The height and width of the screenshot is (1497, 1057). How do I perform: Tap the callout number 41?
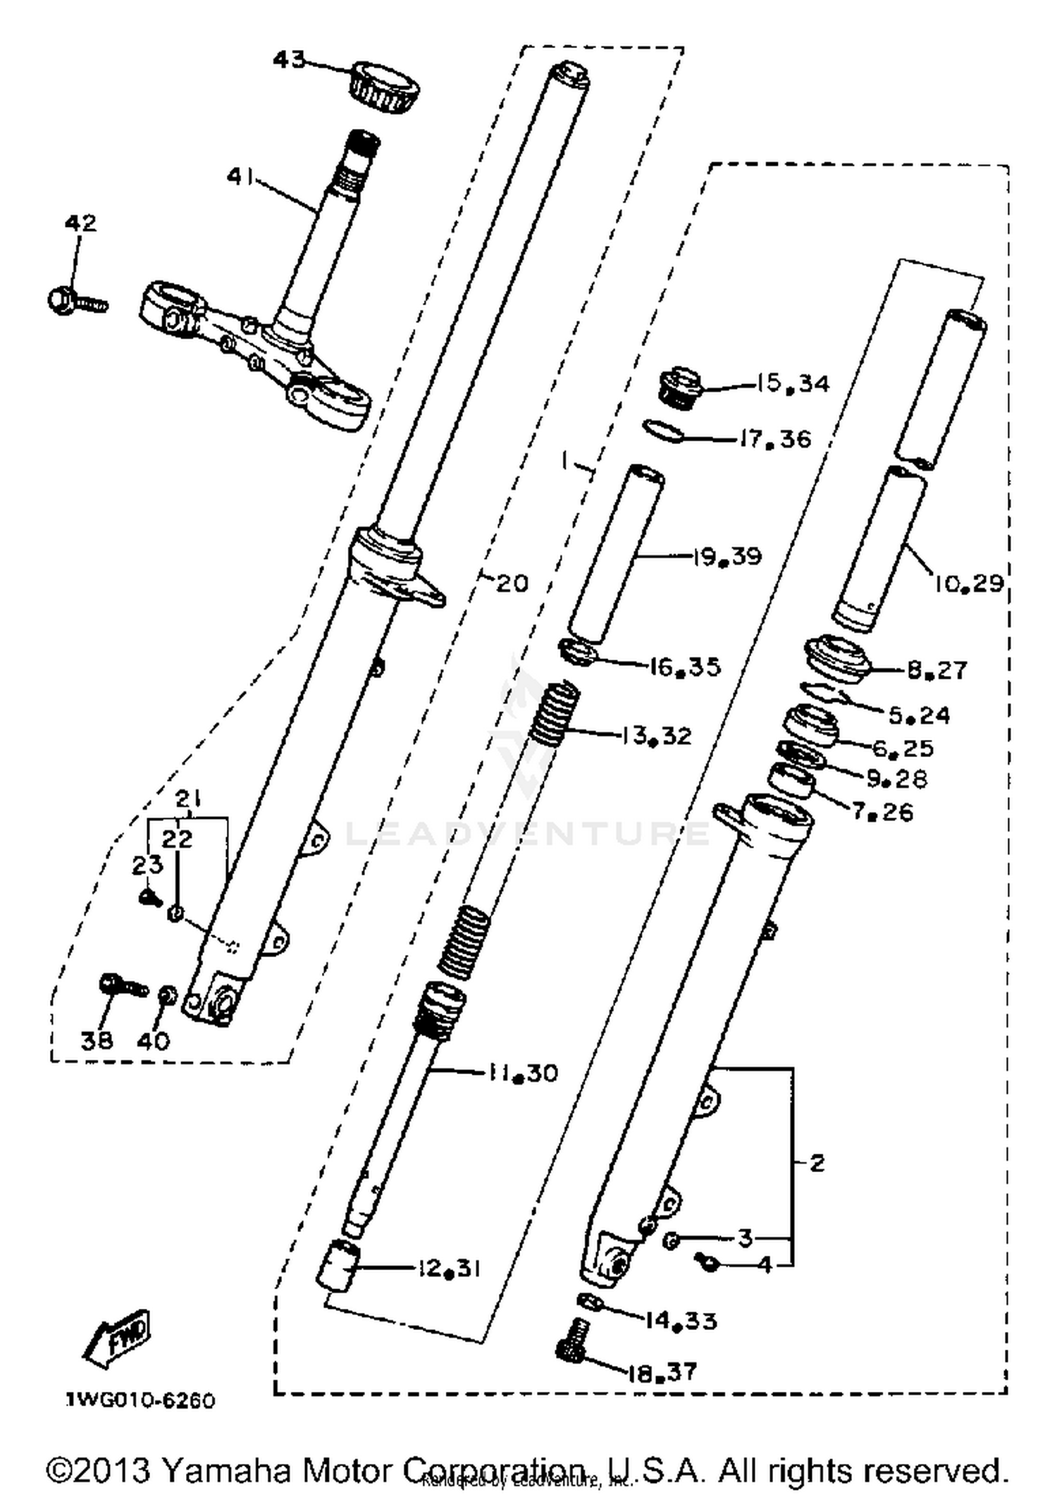click(240, 177)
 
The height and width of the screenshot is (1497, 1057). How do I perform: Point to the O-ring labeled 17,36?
click(663, 431)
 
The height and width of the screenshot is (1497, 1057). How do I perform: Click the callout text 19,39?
click(727, 557)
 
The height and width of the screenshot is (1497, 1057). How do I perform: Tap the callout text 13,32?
click(657, 736)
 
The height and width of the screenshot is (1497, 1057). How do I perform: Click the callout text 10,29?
click(969, 583)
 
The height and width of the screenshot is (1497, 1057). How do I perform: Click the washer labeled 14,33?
click(588, 1302)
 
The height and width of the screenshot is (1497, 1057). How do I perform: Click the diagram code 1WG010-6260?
click(140, 1400)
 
